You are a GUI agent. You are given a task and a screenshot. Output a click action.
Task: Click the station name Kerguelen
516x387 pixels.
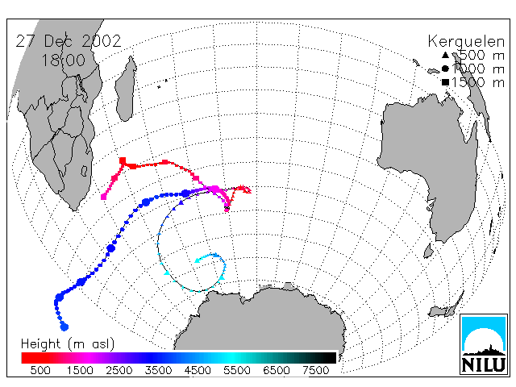click(x=466, y=42)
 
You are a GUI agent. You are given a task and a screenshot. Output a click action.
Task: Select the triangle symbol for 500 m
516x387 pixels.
click(x=445, y=56)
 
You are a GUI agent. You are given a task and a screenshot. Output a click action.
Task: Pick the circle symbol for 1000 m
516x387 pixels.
click(x=445, y=69)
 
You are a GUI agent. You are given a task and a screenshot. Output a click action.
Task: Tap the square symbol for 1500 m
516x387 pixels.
click(x=445, y=82)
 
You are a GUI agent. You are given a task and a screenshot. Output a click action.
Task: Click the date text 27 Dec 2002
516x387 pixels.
click(x=69, y=41)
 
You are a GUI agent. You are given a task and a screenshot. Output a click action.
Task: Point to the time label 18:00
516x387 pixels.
click(x=63, y=60)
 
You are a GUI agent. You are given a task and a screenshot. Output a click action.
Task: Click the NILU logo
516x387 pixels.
click(x=484, y=344)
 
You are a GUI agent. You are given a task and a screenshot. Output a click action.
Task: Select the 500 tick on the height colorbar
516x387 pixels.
click(x=40, y=371)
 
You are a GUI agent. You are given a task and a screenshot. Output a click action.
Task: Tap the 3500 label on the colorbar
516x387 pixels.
click(x=158, y=371)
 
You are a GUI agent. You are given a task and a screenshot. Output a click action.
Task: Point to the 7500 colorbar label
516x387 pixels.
click(x=316, y=371)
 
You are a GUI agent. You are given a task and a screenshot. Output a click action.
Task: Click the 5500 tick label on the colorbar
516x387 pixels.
click(x=237, y=371)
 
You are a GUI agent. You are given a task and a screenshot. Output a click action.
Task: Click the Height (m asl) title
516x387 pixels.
click(x=68, y=344)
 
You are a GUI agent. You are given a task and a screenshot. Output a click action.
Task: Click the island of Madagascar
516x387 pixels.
click(x=126, y=89)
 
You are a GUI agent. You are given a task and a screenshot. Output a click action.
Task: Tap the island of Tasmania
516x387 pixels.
click(x=428, y=251)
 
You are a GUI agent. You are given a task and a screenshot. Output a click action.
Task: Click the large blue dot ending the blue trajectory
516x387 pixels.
click(x=64, y=327)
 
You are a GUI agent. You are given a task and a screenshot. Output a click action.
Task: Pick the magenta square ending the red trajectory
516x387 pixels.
click(x=104, y=197)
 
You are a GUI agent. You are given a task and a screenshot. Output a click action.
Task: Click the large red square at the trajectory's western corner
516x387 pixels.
click(x=123, y=160)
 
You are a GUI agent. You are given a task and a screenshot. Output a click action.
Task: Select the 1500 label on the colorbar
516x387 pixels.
click(x=80, y=371)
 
